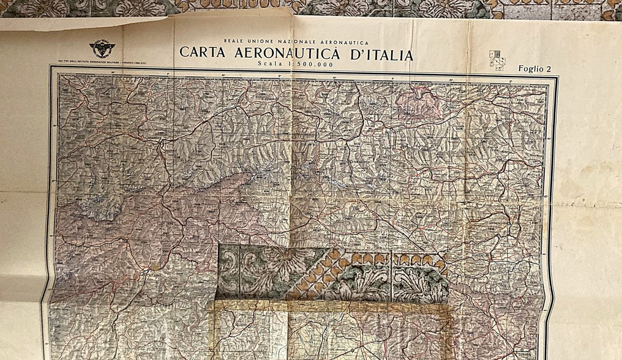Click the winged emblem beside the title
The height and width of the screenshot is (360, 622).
[102, 49]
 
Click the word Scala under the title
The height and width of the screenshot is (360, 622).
[271, 64]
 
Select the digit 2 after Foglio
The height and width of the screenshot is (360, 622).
[549, 69]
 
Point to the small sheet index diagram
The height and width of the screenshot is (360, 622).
[496, 60]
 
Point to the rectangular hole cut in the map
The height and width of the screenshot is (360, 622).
[331, 272]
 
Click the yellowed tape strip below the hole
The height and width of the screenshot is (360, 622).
[331, 306]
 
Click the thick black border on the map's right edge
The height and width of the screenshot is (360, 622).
[553, 214]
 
